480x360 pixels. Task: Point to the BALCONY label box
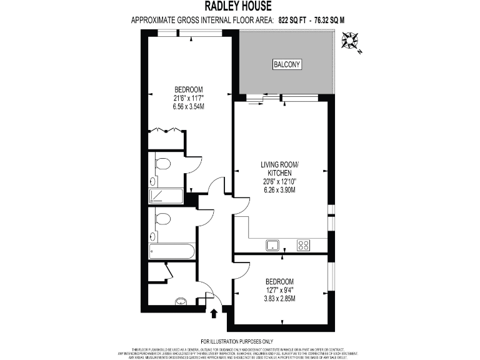pyautogui.click(x=287, y=64)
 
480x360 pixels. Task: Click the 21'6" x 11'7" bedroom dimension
pyautogui.click(x=189, y=98)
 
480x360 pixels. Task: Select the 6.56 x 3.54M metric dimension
pyautogui.click(x=189, y=107)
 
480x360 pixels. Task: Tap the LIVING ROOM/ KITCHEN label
pyautogui.click(x=279, y=169)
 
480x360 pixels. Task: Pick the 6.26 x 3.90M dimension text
pyautogui.click(x=279, y=189)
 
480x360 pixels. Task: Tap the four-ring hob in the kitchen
pyautogui.click(x=304, y=245)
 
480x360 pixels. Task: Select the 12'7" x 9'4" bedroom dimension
pyautogui.click(x=279, y=289)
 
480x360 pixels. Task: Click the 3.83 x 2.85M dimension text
pyautogui.click(x=279, y=298)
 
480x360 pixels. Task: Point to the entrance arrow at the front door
pyautogui.click(x=214, y=312)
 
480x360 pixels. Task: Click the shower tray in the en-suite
pyautogui.click(x=166, y=196)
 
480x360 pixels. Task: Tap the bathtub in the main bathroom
pyautogui.click(x=171, y=252)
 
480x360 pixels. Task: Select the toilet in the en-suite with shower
pyautogui.click(x=163, y=164)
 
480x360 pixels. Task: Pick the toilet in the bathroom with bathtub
pyautogui.click(x=163, y=219)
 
